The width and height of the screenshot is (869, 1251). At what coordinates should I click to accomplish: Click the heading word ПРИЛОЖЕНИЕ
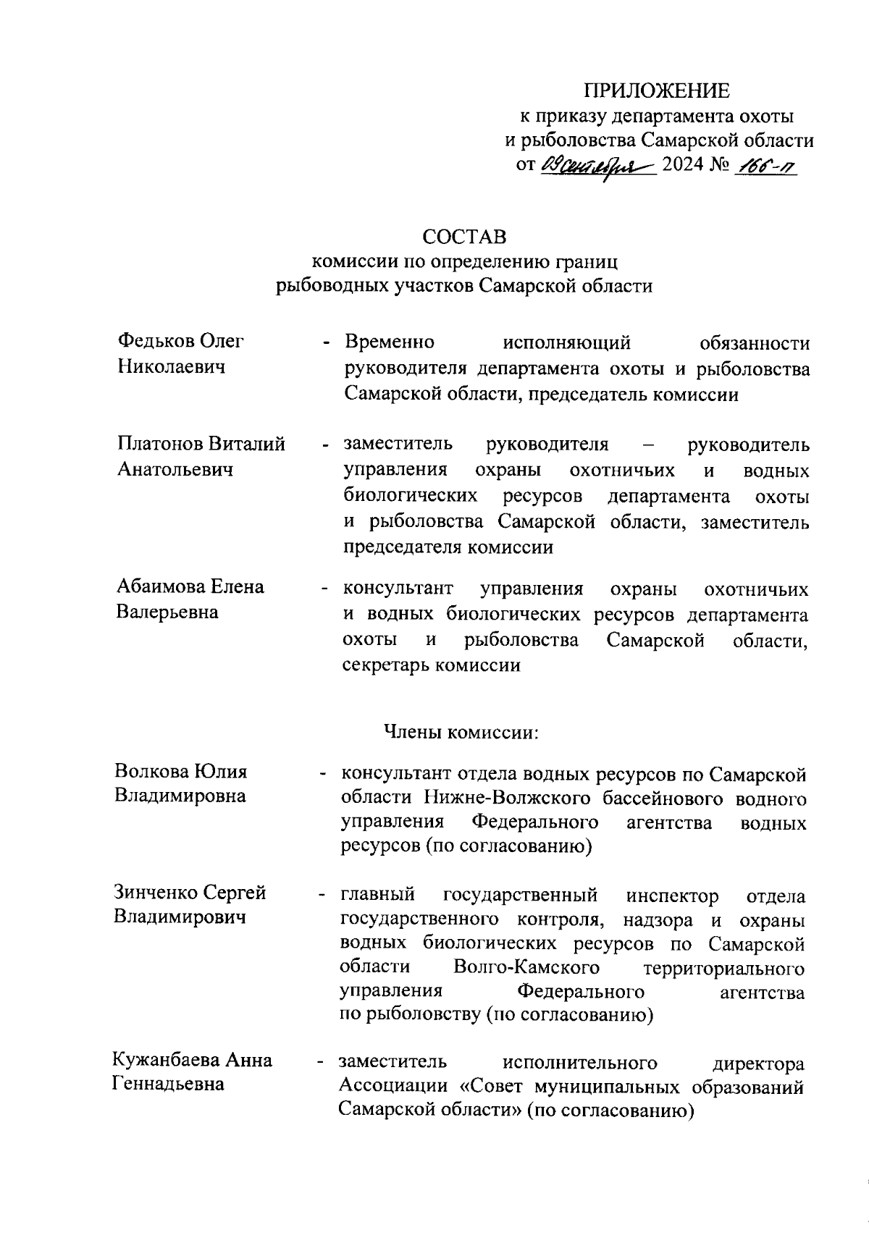point(658,90)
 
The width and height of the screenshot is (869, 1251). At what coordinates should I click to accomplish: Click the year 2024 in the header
point(683,165)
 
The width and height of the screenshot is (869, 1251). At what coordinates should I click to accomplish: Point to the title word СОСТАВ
point(464,237)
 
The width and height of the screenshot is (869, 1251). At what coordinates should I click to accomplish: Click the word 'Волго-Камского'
point(526,968)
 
